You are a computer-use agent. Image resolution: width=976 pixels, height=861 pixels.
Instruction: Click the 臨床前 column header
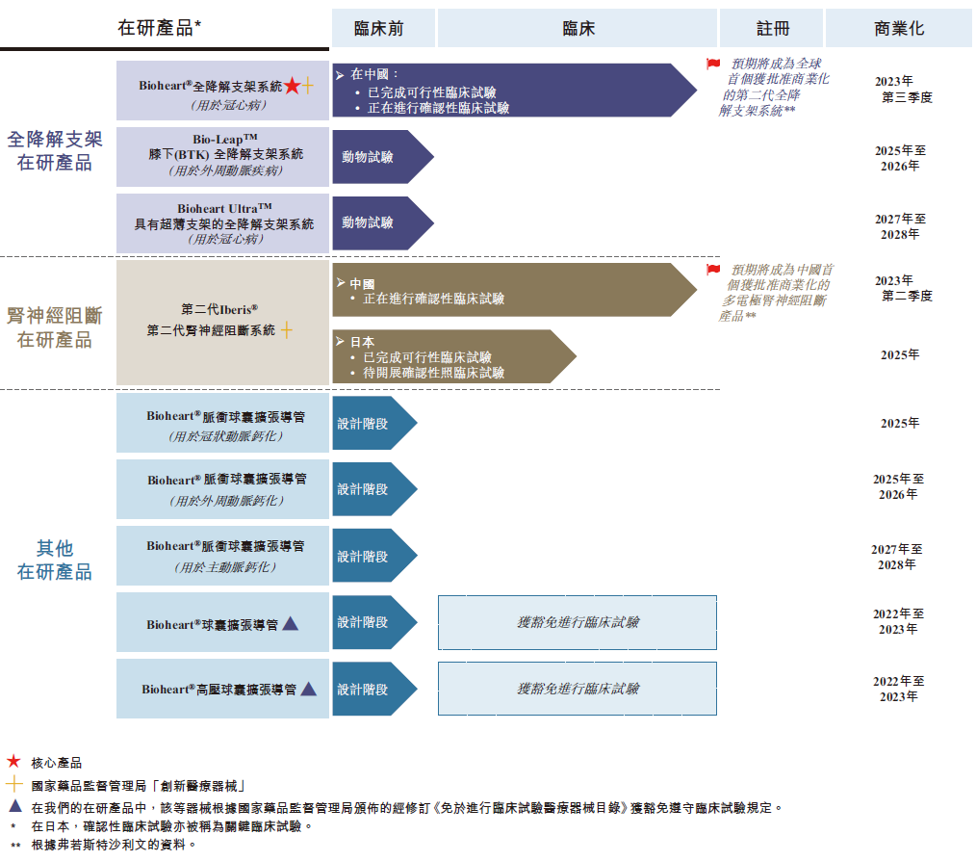[x=379, y=29]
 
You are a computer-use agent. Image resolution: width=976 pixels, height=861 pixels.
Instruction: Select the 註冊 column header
[x=771, y=29]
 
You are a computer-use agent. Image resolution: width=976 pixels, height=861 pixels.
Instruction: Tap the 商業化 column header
[x=899, y=29]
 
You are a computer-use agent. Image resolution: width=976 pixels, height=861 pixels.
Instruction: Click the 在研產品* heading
[x=160, y=29]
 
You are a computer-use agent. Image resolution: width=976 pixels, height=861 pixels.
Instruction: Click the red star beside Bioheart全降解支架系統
[x=292, y=87]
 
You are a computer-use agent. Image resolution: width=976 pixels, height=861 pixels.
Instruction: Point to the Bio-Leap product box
[x=222, y=156]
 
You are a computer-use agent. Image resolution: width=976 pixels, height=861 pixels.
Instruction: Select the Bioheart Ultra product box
[x=222, y=223]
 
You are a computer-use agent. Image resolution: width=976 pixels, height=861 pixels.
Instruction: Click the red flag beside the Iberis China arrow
[x=713, y=271]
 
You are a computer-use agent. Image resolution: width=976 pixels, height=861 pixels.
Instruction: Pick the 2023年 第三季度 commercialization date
[x=901, y=90]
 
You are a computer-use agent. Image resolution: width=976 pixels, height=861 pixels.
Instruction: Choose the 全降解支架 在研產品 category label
[x=55, y=151]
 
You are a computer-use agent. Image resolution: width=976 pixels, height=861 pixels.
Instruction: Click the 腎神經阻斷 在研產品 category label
[x=55, y=327]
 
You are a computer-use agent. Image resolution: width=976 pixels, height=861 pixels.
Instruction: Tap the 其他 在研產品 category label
[x=55, y=560]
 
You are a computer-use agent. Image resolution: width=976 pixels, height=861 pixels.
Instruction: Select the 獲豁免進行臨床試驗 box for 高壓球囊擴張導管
[x=578, y=689]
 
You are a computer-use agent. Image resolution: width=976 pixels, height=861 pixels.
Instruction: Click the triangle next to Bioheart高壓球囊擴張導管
[x=308, y=689]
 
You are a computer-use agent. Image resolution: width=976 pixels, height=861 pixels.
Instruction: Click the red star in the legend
[x=13, y=762]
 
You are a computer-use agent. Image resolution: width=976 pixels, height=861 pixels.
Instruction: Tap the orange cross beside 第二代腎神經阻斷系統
[x=286, y=330]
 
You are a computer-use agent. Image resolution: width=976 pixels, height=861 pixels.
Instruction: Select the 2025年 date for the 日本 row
[x=900, y=355]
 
